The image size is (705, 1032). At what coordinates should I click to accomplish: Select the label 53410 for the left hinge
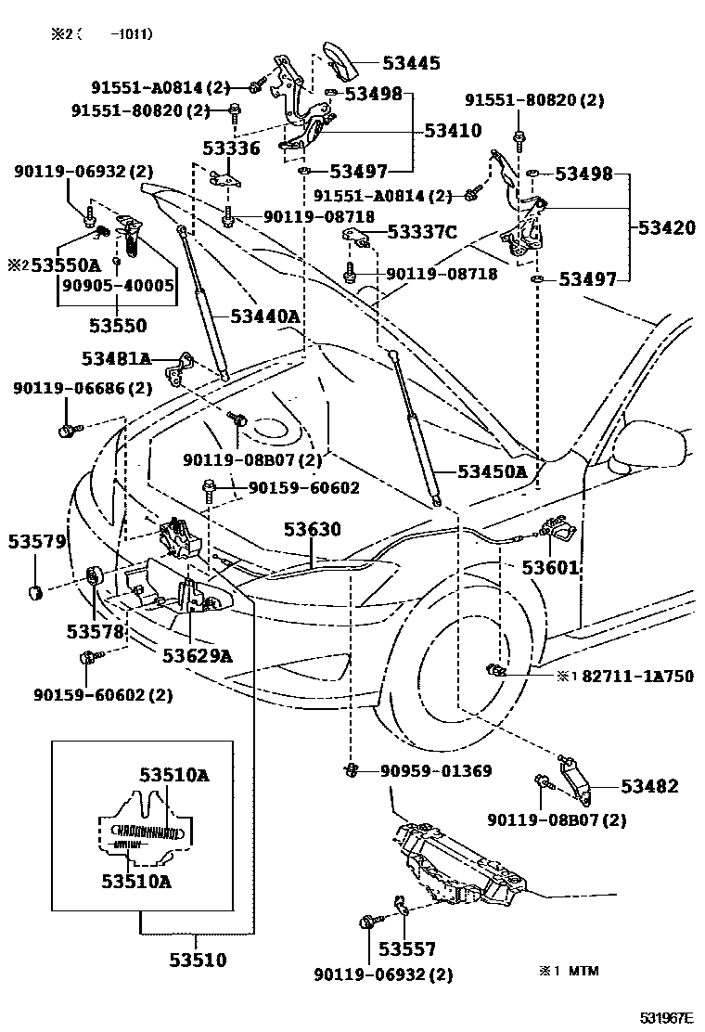click(x=453, y=131)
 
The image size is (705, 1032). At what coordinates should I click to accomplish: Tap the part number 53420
click(x=666, y=227)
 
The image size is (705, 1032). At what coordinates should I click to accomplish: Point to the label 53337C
click(x=421, y=232)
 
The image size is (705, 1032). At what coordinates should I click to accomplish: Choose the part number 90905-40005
click(x=118, y=285)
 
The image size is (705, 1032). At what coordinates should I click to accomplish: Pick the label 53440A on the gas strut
click(x=264, y=317)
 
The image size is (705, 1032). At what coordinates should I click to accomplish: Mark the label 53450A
click(x=492, y=471)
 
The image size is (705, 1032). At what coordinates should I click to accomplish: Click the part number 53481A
click(x=116, y=358)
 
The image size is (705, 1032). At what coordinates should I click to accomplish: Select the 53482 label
click(x=649, y=786)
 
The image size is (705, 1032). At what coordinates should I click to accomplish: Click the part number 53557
click(x=406, y=949)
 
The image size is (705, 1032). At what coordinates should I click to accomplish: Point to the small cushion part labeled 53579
click(x=36, y=591)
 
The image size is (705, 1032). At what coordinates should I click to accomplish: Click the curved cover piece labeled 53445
click(x=340, y=61)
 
